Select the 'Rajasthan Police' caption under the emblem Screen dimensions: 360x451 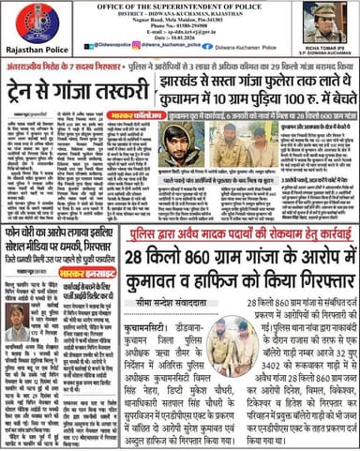pos(37,50)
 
